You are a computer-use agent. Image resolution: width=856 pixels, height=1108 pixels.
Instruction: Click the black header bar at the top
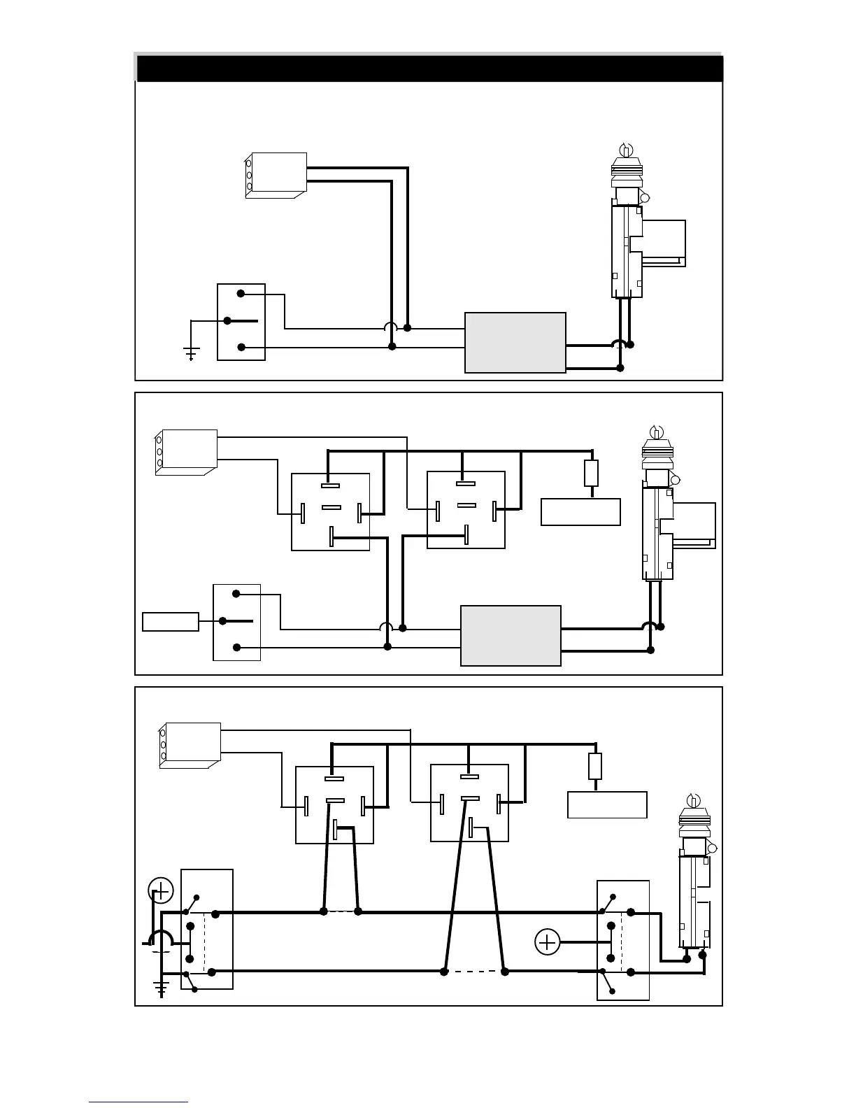pos(429,69)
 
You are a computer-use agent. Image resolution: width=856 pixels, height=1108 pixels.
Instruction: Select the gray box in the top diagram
pos(515,343)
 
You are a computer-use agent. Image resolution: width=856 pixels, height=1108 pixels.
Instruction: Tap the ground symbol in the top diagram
pos(191,352)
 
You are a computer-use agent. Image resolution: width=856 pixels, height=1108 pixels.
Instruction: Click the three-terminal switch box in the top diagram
pos(241,322)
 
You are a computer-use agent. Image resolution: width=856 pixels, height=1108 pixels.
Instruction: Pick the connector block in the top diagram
pos(276,175)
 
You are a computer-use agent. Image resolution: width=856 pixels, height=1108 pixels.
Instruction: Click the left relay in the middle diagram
pos(330,511)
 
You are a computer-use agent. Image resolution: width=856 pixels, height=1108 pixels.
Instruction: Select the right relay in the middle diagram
pos(466,510)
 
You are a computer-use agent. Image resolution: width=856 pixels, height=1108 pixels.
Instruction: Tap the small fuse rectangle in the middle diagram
pos(591,474)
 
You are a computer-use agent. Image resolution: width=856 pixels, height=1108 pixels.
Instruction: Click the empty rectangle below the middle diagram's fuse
pos(580,511)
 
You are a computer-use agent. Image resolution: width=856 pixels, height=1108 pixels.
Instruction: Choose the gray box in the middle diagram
pos(511,635)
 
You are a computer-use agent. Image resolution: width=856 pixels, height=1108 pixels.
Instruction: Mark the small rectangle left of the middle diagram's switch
pos(170,621)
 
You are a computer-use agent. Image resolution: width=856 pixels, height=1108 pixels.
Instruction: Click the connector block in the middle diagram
pos(185,452)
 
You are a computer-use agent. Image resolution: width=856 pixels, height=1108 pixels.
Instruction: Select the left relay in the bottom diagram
pos(334,805)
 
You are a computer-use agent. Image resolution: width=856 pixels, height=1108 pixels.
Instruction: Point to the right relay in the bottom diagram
pos(469,803)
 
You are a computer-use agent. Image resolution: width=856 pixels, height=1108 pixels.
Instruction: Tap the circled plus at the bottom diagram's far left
pos(161,891)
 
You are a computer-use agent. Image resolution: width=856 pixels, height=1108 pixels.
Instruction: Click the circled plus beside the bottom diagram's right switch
pos(547,942)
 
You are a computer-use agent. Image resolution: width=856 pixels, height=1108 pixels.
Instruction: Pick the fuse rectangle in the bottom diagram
pos(595,767)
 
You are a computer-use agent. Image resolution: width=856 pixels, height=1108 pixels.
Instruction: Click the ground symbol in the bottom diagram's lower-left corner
pos(162,988)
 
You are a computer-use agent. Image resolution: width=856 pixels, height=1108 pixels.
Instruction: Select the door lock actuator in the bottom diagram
pos(694,881)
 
